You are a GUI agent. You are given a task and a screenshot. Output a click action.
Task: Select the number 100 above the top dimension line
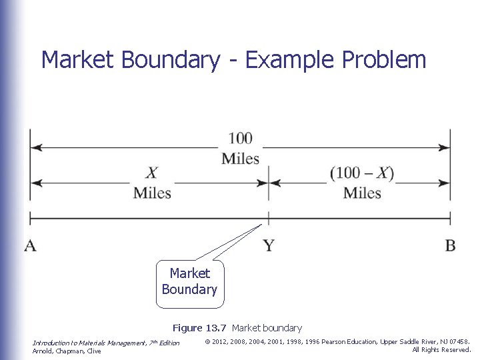click(x=240, y=139)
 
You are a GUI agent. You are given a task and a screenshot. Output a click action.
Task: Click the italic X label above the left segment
click(x=152, y=173)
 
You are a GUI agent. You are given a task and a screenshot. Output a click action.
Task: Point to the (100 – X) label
click(x=362, y=173)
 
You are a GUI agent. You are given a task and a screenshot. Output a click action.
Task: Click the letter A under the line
click(x=31, y=245)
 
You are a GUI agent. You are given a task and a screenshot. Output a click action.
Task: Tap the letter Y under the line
click(x=269, y=246)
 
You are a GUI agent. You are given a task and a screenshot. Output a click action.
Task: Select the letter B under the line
click(x=450, y=245)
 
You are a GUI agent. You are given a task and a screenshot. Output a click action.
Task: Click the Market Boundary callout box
click(x=189, y=282)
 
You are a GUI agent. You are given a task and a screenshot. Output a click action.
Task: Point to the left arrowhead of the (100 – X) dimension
click(x=274, y=181)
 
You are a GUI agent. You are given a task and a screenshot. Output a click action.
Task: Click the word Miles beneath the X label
click(x=152, y=193)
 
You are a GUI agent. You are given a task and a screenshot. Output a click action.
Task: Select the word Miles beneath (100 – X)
click(x=362, y=193)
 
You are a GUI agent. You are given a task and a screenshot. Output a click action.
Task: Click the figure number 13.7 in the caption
click(x=217, y=328)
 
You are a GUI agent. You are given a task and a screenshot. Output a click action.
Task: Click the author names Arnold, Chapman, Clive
click(x=67, y=351)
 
